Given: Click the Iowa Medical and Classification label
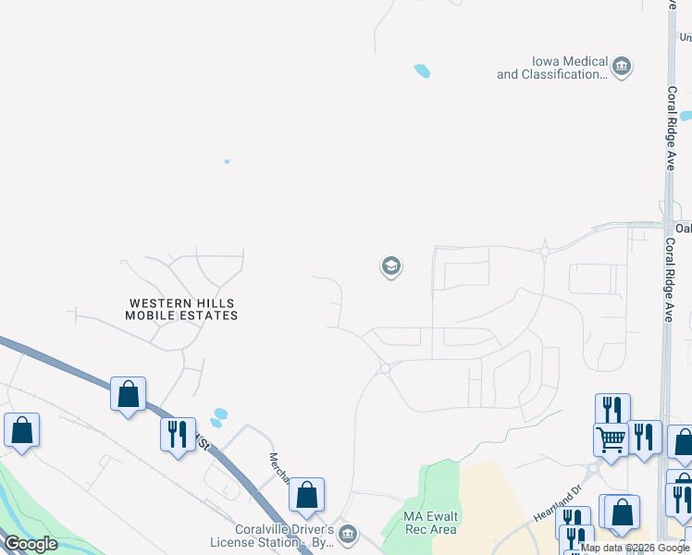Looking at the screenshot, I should (x=552, y=68).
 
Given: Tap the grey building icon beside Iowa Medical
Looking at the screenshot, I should (x=623, y=66).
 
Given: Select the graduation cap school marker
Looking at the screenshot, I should (x=390, y=267).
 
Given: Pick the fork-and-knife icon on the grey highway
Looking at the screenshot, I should (x=178, y=435).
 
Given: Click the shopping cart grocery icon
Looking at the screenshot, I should (x=611, y=440).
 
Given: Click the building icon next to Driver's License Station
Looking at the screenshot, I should (x=348, y=534).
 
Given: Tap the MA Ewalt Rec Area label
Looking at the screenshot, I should (x=431, y=523).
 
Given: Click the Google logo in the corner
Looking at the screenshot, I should (x=31, y=544).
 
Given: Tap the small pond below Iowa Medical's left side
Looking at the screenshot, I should (x=422, y=70).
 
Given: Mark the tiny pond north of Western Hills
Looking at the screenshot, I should (x=227, y=161).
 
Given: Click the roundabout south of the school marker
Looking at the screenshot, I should (x=384, y=368).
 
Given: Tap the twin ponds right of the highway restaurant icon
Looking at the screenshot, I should (x=217, y=417).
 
